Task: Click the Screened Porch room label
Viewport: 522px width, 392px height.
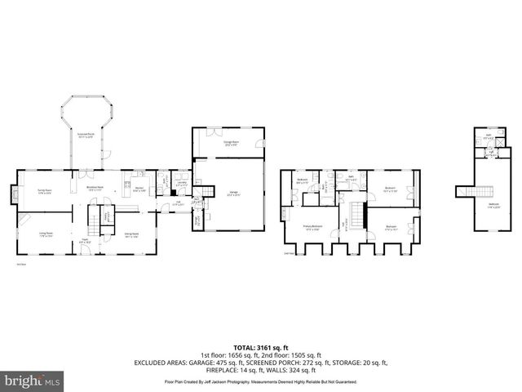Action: [86, 136]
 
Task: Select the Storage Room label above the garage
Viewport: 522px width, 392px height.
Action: [231, 142]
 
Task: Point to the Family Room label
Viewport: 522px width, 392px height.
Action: [44, 193]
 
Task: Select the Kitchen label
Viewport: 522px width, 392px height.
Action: [139, 191]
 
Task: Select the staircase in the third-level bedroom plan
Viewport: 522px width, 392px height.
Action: [463, 191]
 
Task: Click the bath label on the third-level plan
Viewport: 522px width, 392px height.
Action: [487, 137]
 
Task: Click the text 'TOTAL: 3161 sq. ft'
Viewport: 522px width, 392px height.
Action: [261, 347]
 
